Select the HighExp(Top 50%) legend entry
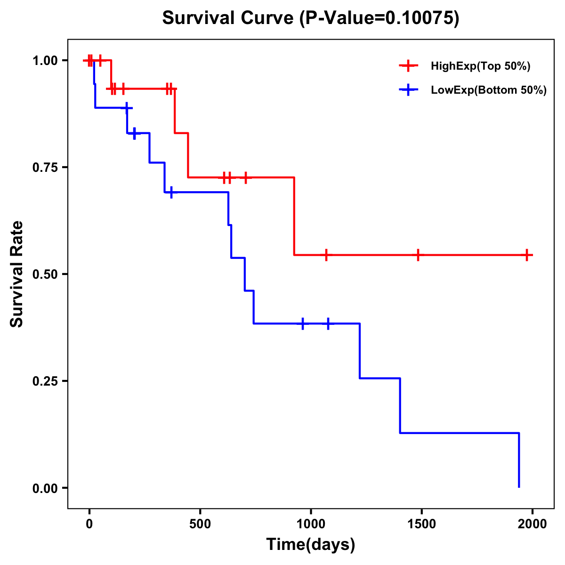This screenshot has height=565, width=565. [480, 66]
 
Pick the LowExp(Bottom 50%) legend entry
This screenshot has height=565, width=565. [488, 90]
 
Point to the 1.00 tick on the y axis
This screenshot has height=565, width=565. [45, 61]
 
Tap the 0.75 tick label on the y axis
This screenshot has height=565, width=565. [45, 168]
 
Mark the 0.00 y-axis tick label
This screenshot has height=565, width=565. [45, 488]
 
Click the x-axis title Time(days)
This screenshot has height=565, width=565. [311, 545]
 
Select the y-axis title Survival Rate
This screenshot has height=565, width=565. [17, 274]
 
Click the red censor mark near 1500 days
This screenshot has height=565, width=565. [418, 255]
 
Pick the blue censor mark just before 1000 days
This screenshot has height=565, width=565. [303, 323]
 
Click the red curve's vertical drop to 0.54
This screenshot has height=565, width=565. [294, 217]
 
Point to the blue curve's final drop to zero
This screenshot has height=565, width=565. [519, 460]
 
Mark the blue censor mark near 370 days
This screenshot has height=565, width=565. [171, 192]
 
